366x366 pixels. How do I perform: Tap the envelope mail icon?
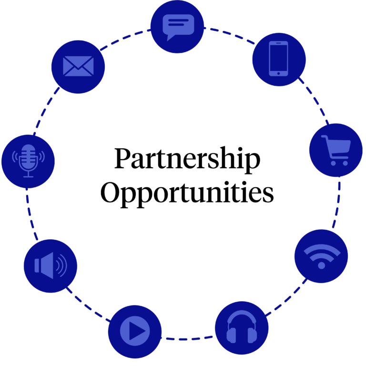78,66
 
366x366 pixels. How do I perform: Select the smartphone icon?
278,59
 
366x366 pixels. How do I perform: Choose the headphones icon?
242,327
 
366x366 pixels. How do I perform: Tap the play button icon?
135,331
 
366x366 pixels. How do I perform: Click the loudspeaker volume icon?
51,265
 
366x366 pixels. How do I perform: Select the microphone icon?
28,161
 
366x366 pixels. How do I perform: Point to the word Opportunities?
187,193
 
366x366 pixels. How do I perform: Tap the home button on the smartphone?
278,73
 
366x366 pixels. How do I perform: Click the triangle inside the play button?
137,331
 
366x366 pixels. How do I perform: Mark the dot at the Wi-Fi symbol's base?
322,265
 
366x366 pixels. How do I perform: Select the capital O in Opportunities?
110,193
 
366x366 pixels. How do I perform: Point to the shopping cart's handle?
325,137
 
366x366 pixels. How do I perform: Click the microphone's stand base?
28,177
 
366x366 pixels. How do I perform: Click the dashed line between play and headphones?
187,339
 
